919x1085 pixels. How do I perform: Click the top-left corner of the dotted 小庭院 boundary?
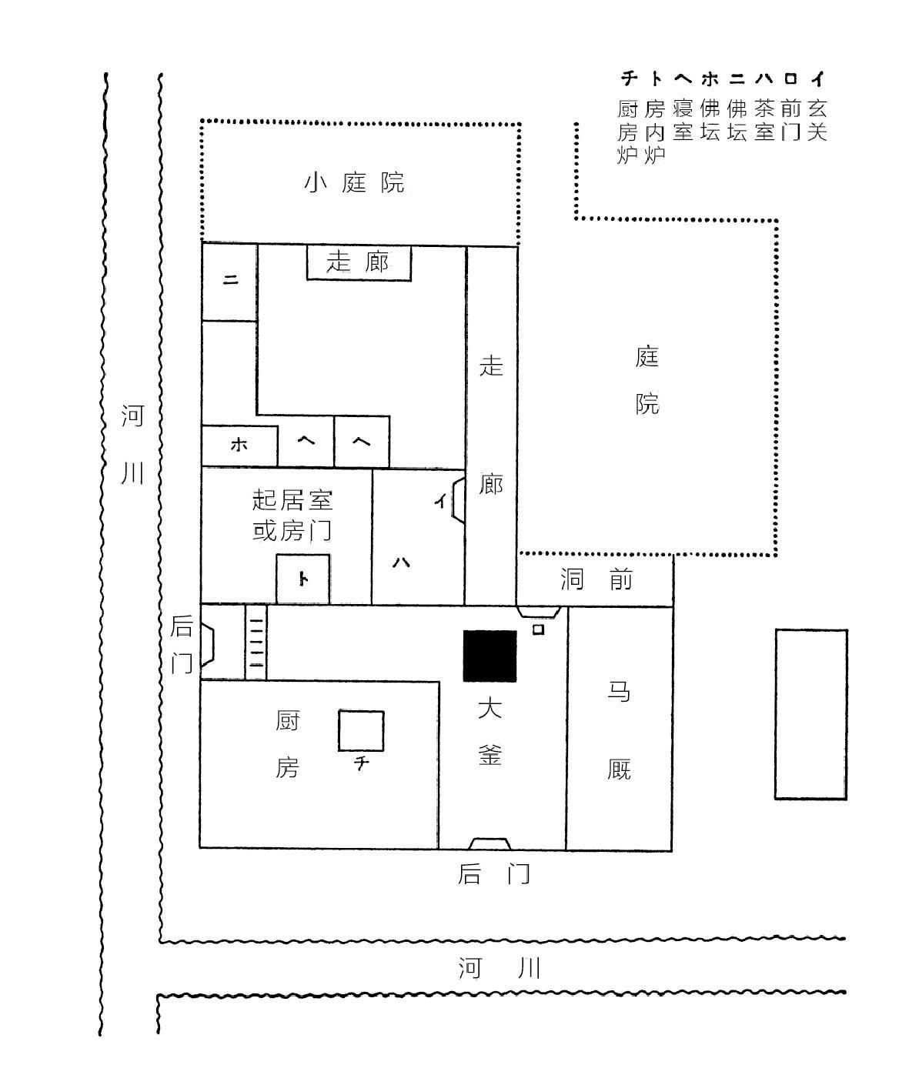pyautogui.click(x=202, y=122)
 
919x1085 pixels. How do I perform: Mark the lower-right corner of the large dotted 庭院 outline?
pyautogui.click(x=776, y=554)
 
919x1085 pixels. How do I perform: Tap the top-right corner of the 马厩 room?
pyautogui.click(x=673, y=607)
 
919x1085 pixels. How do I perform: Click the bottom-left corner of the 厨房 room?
pyautogui.click(x=200, y=847)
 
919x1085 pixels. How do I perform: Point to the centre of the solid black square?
pyautogui.click(x=490, y=656)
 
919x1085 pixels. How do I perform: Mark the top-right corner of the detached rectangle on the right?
pyautogui.click(x=847, y=630)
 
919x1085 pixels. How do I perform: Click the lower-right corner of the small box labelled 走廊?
pyautogui.click(x=411, y=280)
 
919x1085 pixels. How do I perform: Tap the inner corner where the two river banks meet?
pyautogui.click(x=160, y=941)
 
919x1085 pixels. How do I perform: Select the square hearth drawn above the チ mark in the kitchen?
pyautogui.click(x=361, y=731)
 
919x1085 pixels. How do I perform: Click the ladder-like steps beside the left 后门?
pyautogui.click(x=256, y=643)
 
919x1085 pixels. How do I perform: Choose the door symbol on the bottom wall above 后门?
pyautogui.click(x=490, y=843)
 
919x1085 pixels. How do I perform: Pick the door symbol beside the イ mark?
pyautogui.click(x=459, y=500)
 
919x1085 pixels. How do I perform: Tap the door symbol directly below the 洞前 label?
pyautogui.click(x=539, y=612)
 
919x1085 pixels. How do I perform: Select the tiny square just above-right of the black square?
pyautogui.click(x=538, y=629)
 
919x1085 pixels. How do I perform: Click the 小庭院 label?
pyautogui.click(x=355, y=182)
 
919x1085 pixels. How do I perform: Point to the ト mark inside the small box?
pyautogui.click(x=302, y=579)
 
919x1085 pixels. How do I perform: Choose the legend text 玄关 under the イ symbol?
pyautogui.click(x=817, y=120)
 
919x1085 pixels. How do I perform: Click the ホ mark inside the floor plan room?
pyautogui.click(x=239, y=445)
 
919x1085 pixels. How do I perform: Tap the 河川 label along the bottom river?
pyautogui.click(x=499, y=969)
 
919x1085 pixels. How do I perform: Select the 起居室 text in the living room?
pyautogui.click(x=292, y=499)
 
